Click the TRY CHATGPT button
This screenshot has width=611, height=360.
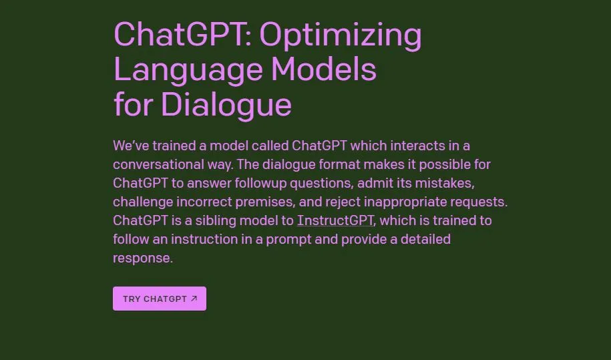coord(160,299)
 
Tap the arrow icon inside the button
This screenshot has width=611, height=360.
coord(194,299)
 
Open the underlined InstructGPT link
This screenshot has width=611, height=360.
coord(335,220)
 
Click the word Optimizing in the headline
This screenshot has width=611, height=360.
coord(340,36)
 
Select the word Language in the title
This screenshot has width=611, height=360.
coord(188,71)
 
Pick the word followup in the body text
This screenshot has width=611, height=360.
coord(260,183)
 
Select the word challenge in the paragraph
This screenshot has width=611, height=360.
coord(143,202)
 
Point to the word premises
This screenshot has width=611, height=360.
coord(265,202)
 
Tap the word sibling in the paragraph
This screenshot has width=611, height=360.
coord(216,220)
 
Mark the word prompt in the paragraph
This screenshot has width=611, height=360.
coord(288,240)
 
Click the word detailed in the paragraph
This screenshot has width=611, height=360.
coord(425,239)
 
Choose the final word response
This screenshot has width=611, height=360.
coord(143,258)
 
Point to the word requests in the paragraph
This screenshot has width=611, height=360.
coord(479,202)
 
